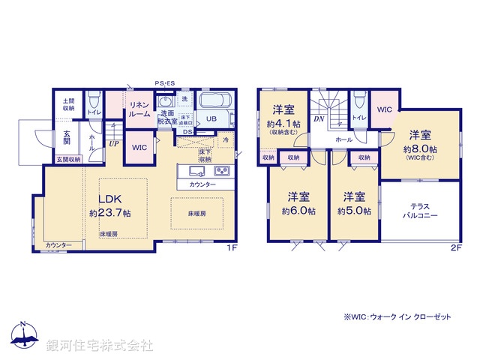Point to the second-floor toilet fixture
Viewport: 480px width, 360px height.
358,100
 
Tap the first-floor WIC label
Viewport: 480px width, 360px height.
139,147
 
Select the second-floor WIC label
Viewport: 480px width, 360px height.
384,109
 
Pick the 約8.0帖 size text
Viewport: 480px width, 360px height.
420,148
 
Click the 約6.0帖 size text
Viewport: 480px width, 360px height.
298,211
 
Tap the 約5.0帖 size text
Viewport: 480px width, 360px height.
354,211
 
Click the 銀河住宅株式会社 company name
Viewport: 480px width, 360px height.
99,346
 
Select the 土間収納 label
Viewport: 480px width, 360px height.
68,103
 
